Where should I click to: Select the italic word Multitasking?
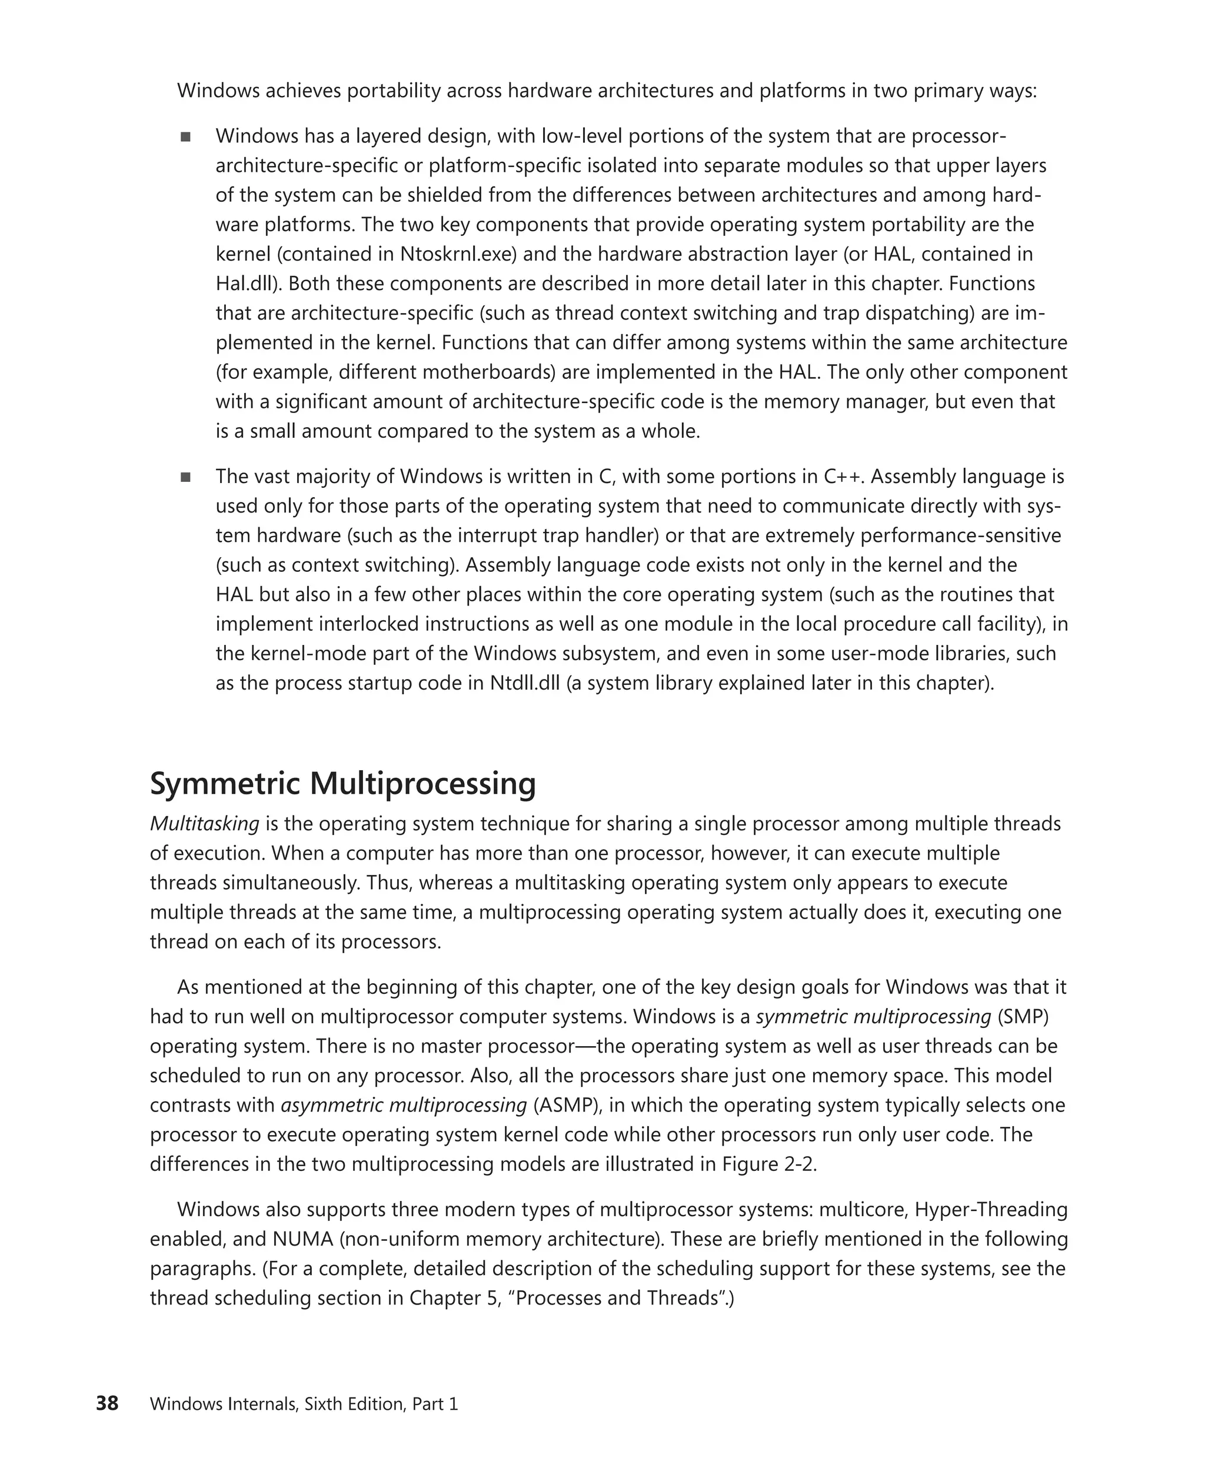pos(204,824)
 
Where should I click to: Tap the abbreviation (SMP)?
pos(1023,1017)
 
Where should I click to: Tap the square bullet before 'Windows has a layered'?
pos(185,137)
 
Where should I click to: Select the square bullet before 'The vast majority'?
pos(185,477)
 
